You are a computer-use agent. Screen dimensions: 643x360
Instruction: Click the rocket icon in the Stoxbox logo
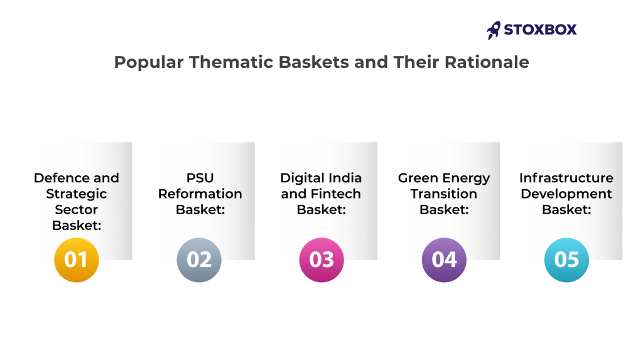click(x=494, y=30)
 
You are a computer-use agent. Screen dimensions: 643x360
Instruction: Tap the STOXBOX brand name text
click(x=540, y=30)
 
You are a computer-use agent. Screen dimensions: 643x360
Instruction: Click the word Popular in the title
click(x=149, y=63)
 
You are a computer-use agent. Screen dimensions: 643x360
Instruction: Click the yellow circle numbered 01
click(x=76, y=260)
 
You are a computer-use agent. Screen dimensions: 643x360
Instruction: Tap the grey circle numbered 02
click(x=199, y=260)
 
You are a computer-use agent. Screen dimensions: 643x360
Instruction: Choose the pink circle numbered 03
click(x=321, y=260)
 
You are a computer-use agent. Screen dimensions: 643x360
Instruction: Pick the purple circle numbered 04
click(x=444, y=260)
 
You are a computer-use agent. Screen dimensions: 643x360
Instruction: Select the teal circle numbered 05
click(x=567, y=260)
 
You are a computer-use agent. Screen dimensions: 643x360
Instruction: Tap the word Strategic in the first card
click(x=76, y=194)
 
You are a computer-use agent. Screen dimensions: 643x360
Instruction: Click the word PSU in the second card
click(x=200, y=178)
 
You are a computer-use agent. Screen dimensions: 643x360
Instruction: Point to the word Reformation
click(x=200, y=194)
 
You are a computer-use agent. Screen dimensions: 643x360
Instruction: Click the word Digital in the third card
click(x=302, y=178)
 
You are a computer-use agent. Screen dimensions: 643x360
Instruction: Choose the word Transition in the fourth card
click(x=444, y=194)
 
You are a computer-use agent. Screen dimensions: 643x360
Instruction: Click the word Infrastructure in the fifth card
click(x=566, y=178)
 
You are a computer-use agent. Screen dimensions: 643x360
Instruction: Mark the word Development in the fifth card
click(x=566, y=194)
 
